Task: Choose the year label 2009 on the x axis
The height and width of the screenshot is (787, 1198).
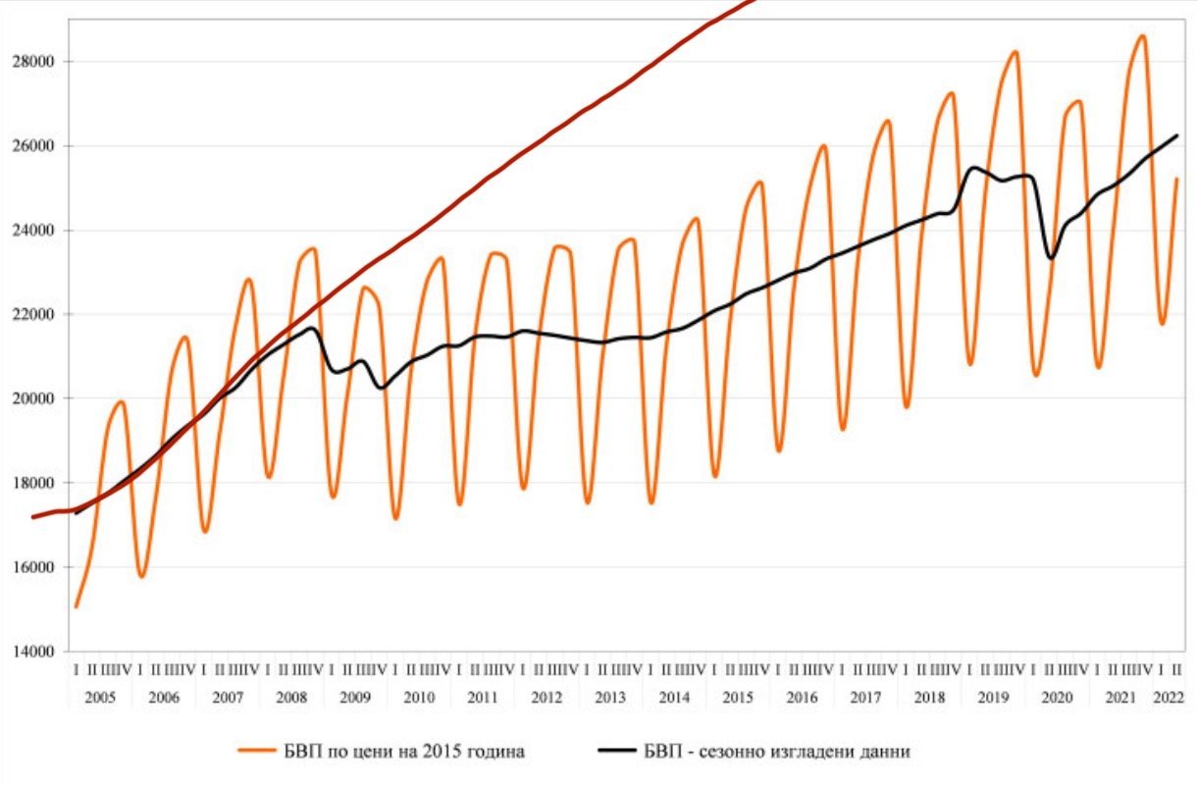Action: (355, 698)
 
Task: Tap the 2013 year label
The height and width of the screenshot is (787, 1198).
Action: (610, 698)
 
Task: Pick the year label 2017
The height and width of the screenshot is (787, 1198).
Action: (865, 698)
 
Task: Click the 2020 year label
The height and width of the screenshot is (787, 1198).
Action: (1057, 698)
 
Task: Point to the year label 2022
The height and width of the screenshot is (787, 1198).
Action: (1169, 698)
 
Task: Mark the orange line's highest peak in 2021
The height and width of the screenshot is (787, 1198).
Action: (1141, 36)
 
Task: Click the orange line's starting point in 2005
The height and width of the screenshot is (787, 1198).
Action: (76, 607)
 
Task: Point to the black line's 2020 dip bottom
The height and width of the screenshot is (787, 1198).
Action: (1052, 258)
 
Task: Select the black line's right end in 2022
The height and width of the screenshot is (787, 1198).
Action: (1176, 135)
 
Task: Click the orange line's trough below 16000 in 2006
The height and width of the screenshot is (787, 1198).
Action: (141, 576)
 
